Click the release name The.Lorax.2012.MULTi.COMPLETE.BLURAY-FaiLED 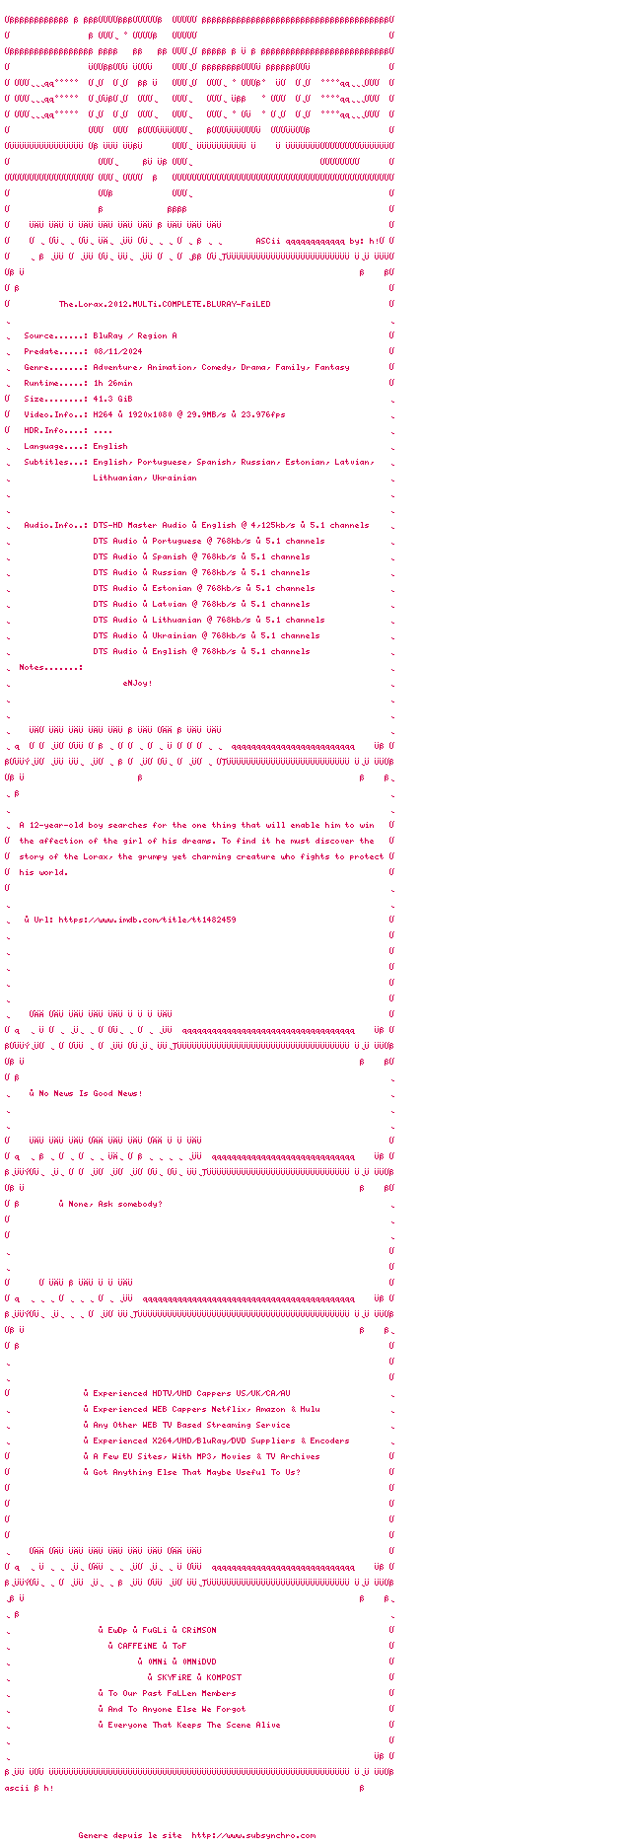(x=164, y=304)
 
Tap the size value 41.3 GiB (x=112, y=399)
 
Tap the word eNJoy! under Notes (x=137, y=683)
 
